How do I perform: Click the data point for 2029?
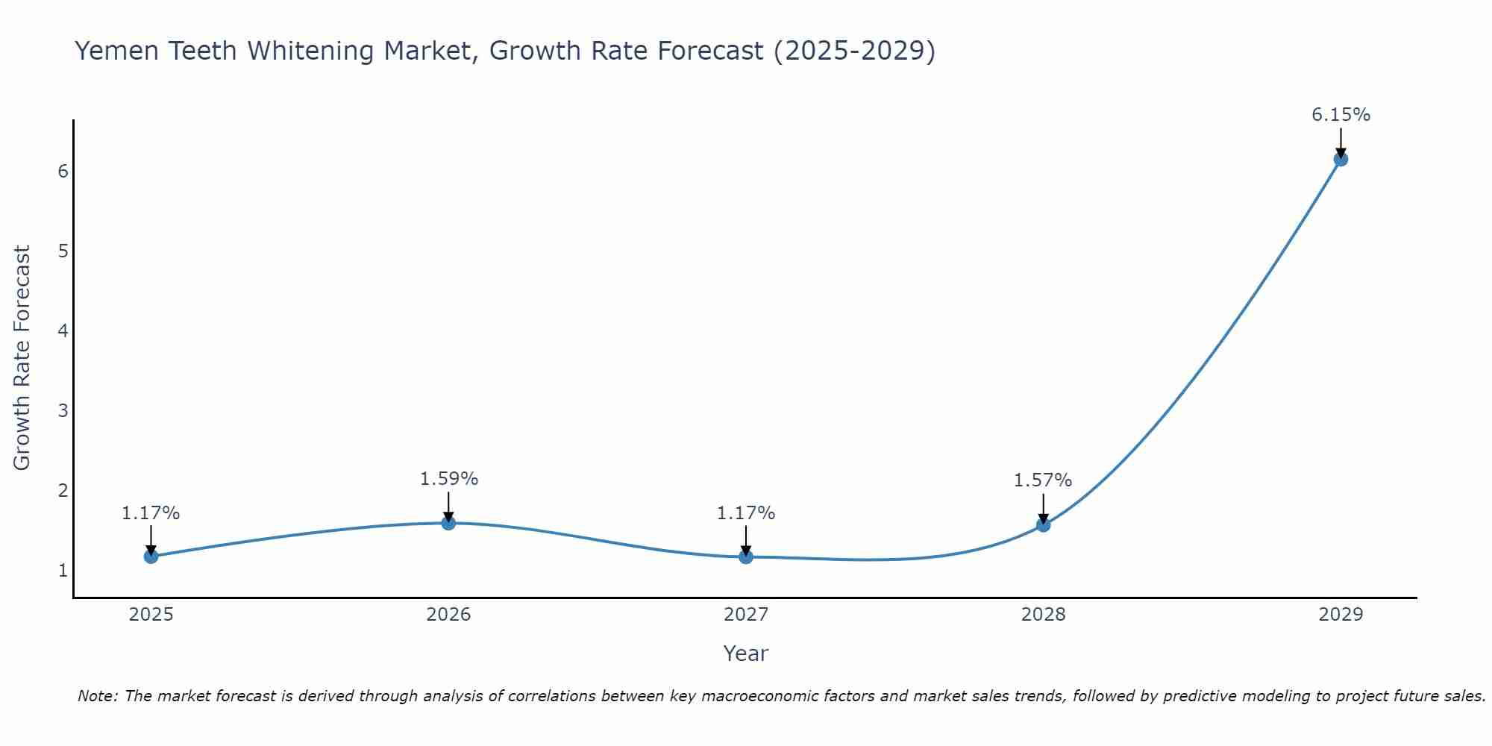point(1341,159)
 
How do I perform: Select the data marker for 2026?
point(448,523)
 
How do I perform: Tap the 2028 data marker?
point(1043,524)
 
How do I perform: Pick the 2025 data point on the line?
point(151,556)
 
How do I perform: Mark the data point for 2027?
point(746,557)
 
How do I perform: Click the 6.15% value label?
point(1341,115)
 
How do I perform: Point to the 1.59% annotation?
point(448,479)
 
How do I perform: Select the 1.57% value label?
point(1042,480)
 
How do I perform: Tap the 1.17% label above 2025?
point(151,513)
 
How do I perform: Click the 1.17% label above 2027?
point(746,513)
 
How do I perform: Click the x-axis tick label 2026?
point(448,615)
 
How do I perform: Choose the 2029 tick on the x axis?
point(1341,615)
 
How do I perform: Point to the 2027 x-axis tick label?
point(746,615)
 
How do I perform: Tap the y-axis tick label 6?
point(63,171)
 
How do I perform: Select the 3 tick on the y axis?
point(63,410)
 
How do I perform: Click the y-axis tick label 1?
point(63,571)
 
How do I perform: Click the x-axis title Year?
point(745,653)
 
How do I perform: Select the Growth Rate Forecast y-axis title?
point(22,358)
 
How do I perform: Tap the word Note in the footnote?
point(97,696)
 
